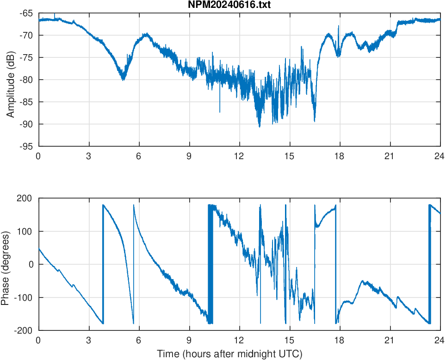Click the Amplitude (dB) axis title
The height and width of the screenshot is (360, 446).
(11, 79)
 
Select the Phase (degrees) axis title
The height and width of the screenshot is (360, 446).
(6, 264)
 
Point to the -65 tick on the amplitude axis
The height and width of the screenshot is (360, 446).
(27, 13)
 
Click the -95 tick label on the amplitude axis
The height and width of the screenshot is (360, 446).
(27, 146)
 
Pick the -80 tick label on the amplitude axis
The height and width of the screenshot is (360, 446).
(27, 80)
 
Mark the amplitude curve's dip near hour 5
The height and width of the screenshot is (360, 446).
(123, 80)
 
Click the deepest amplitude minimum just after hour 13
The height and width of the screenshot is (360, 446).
(260, 126)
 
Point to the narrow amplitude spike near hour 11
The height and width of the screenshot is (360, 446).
(220, 112)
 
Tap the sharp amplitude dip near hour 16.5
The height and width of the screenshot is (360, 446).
(315, 121)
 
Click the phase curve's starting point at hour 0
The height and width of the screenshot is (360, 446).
(39, 249)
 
